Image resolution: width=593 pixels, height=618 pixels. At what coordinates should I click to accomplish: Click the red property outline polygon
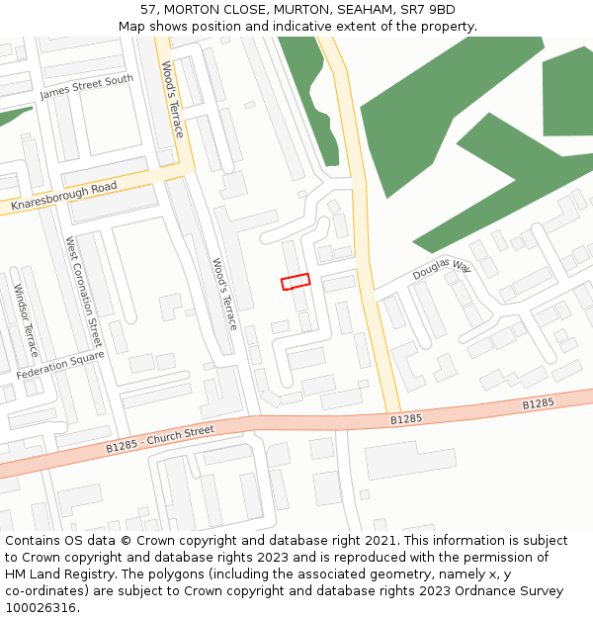pos(296,282)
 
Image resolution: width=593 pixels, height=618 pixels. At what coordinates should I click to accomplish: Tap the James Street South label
pos(86,87)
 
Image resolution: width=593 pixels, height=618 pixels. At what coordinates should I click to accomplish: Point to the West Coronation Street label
pos(83,285)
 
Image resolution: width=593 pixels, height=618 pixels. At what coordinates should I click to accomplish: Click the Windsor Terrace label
pos(26,320)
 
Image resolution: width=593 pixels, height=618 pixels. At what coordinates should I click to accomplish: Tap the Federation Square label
pos(60,366)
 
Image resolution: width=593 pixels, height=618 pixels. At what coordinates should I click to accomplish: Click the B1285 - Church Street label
pos(160,437)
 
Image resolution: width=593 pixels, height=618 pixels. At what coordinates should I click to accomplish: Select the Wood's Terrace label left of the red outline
pos(224,294)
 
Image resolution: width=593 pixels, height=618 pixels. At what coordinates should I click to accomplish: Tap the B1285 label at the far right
pos(538,403)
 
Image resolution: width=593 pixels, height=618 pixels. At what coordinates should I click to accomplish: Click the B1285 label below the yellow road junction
pos(405,419)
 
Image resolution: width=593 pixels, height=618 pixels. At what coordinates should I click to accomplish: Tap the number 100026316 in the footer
pos(41,607)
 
